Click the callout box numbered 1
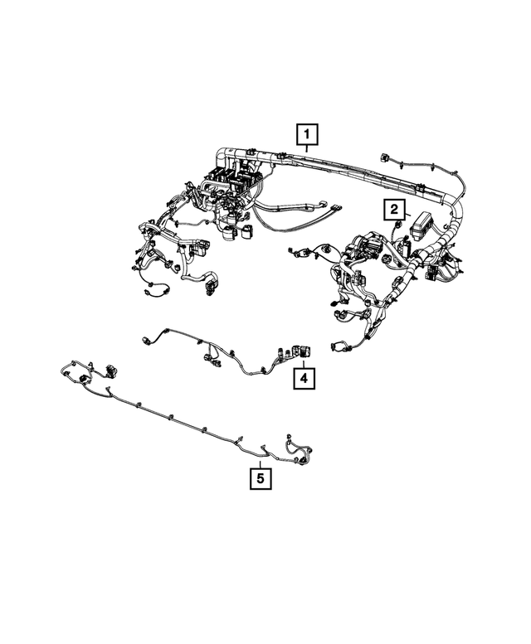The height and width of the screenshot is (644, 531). click(306, 133)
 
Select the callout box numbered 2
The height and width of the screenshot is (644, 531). click(393, 210)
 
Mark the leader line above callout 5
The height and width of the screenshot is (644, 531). click(260, 460)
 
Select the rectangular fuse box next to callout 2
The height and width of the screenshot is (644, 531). click(422, 224)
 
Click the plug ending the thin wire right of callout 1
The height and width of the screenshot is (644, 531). click(383, 157)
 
